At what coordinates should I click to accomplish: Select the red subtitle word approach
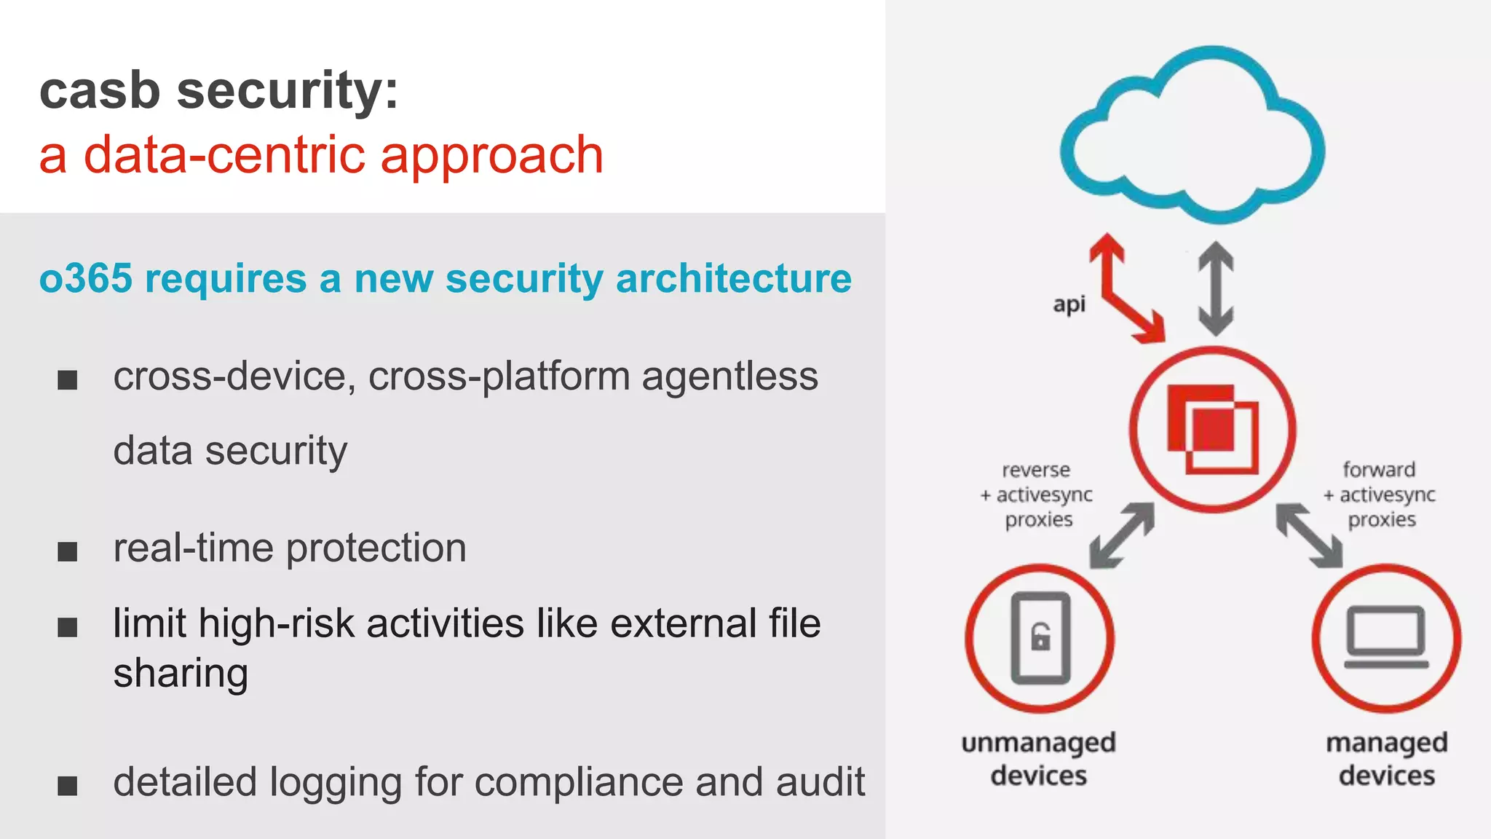pos(492,156)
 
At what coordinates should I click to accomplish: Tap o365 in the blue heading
pos(86,279)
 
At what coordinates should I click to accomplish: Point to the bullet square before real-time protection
pos(68,551)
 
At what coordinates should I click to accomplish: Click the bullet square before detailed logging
pos(68,786)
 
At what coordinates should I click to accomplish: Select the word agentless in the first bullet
pos(729,377)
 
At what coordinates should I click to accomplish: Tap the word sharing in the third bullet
pos(181,673)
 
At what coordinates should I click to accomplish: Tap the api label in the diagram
pos(1069,304)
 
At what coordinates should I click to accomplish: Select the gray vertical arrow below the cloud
pos(1216,288)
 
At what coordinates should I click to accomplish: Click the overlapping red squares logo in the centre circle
pos(1212,429)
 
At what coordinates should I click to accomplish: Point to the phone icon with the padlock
pos(1040,638)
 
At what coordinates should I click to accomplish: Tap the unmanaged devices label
pos(1038,759)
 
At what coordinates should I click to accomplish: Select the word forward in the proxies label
pos(1379,470)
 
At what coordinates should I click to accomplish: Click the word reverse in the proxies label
pos(1036,470)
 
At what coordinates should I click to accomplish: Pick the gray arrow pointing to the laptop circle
pos(1309,535)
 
